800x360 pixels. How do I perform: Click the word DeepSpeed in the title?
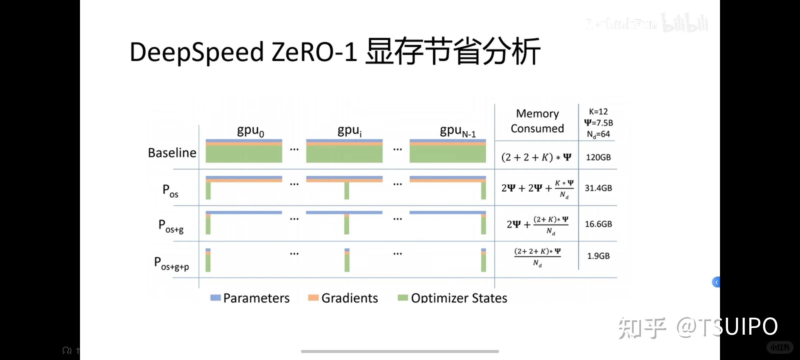(197, 53)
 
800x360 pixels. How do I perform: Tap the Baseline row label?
(172, 153)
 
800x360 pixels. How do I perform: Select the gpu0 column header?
(250, 130)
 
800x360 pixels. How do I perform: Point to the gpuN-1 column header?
(457, 131)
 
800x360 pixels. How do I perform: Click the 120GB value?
(598, 157)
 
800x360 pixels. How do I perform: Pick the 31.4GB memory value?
(598, 188)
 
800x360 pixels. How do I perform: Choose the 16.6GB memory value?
(598, 224)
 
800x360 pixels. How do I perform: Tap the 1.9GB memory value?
(598, 256)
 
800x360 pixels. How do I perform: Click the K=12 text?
(598, 112)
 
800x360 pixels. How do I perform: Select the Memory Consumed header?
(537, 121)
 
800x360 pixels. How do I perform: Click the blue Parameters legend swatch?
(215, 298)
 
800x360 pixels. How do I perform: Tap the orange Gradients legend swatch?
(313, 298)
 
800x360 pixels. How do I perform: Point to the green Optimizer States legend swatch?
(403, 298)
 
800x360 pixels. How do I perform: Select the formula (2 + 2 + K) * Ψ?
(536, 157)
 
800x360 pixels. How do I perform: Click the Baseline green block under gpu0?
(244, 154)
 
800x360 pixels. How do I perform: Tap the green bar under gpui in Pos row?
(347, 191)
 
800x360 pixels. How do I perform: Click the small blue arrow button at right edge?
(716, 282)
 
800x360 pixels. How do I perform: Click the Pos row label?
(170, 191)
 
